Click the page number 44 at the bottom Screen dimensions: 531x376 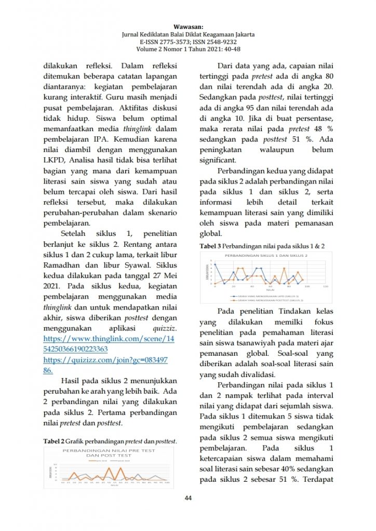[189, 498]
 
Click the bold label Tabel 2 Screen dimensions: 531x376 [53, 441]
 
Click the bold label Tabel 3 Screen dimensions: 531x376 [210, 246]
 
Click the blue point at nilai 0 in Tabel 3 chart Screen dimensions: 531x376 [215, 264]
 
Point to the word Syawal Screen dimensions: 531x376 [148, 264]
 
